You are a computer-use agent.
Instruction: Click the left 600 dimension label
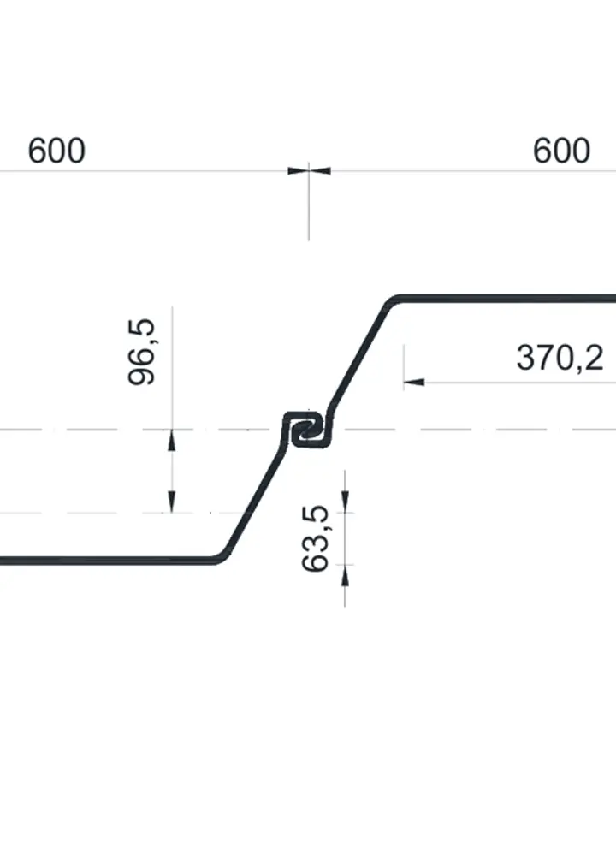56,151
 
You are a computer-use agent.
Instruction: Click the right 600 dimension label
561,151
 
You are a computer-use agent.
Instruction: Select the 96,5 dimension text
142,353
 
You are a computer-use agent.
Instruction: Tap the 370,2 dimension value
560,359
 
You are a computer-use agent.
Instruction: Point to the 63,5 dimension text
316,538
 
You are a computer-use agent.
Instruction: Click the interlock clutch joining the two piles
307,430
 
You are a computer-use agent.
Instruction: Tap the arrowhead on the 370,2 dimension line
414,382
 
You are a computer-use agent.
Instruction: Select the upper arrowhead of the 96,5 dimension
172,441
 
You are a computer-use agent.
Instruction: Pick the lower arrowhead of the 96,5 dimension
172,502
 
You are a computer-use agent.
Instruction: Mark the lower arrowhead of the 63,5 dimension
345,575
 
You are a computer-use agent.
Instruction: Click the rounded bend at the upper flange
391,302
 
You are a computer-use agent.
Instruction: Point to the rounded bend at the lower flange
222,556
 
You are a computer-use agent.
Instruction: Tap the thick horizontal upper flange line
507,299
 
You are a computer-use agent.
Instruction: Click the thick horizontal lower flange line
106,561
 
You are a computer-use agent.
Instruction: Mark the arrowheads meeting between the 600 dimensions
309,171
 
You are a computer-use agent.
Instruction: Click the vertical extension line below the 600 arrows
309,202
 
